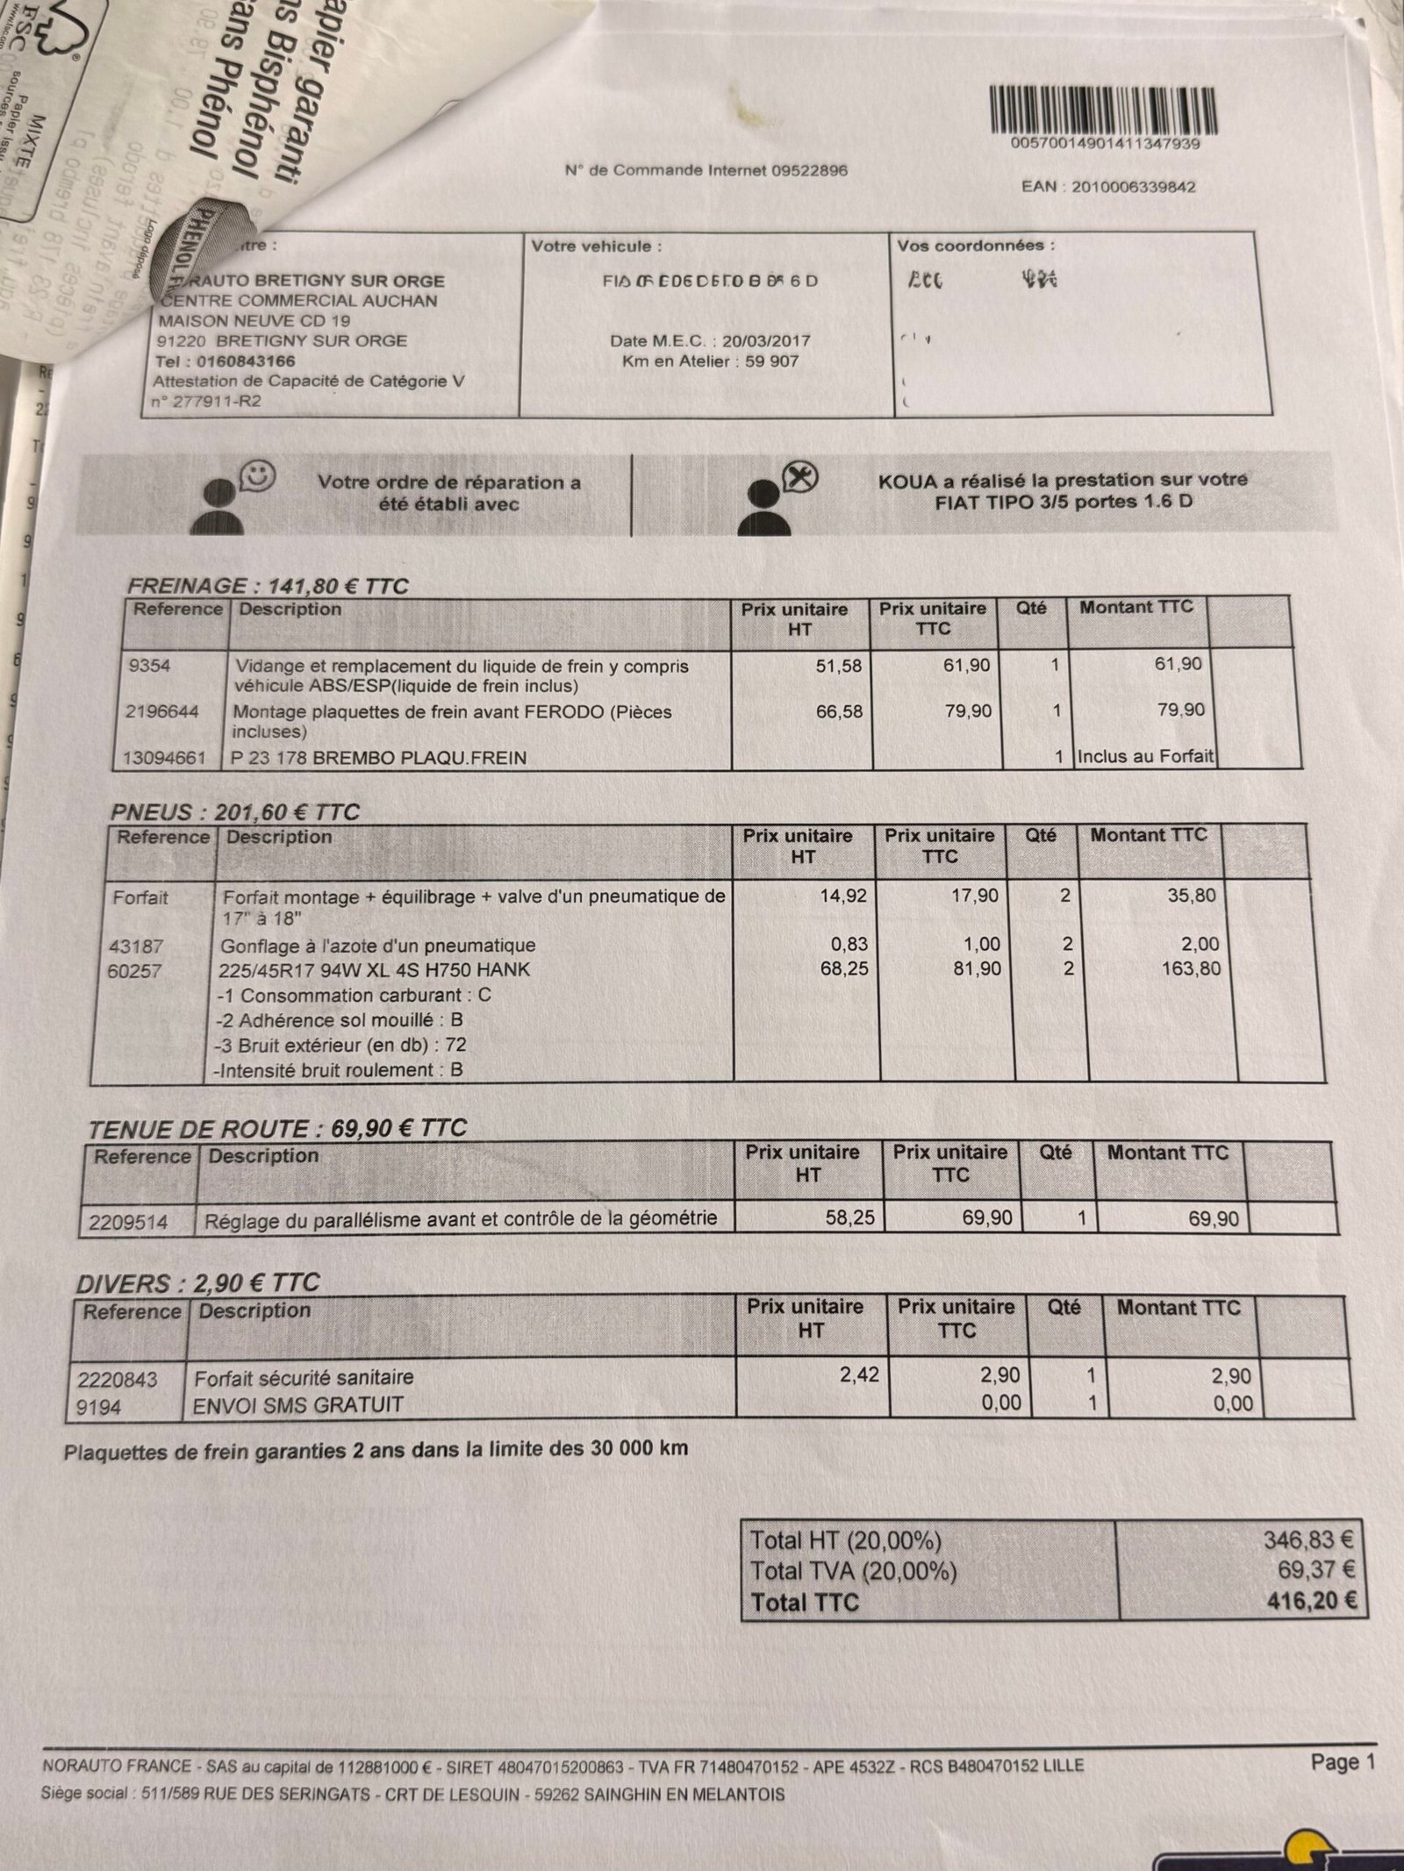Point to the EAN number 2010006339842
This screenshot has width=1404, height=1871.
pos(1133,187)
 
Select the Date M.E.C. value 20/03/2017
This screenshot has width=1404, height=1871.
pos(765,340)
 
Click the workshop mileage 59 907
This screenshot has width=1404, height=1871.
pos(771,361)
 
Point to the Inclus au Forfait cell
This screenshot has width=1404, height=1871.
pos(1145,756)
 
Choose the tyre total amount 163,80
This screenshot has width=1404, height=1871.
pos(1190,968)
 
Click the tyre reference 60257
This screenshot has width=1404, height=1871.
pos(137,971)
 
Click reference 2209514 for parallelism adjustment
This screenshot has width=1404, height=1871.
pos(129,1220)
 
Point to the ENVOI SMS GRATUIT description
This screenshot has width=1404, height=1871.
pos(297,1404)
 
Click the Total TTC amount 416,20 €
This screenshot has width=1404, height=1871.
pos(1312,1601)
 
